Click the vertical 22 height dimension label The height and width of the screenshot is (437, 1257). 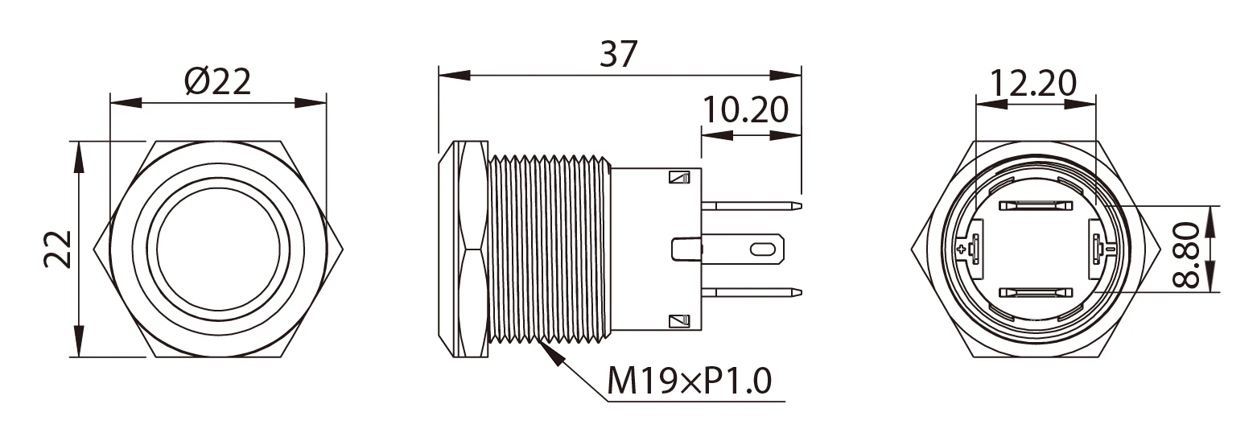coord(58,249)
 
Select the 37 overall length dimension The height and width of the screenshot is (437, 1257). coord(619,54)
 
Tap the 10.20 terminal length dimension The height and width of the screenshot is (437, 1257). coord(745,109)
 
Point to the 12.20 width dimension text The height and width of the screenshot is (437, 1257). coord(1033,82)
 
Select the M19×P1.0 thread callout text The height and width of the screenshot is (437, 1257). coord(689,381)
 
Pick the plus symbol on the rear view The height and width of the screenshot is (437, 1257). coord(962,249)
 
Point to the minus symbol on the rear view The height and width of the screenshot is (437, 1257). coord(1111,249)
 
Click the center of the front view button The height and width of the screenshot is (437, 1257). coord(218,249)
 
